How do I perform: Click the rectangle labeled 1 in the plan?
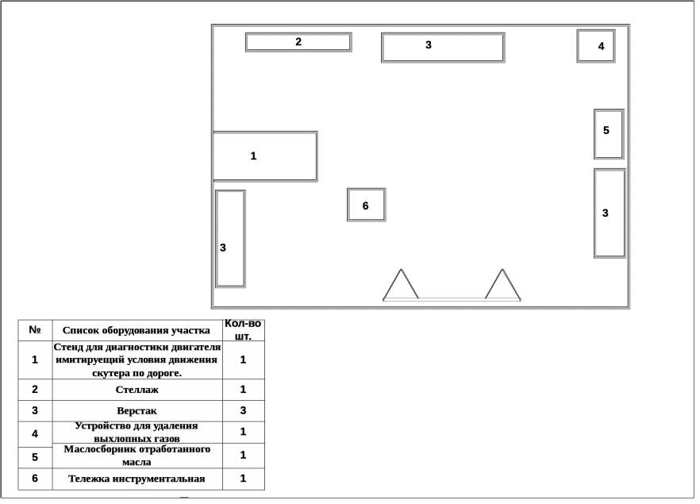click(265, 156)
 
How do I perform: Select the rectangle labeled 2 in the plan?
click(298, 42)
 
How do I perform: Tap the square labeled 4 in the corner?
click(596, 46)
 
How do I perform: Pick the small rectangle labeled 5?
click(609, 134)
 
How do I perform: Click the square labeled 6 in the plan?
click(367, 205)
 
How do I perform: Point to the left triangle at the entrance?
click(402, 287)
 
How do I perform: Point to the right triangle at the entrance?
click(502, 287)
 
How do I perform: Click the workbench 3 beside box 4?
click(443, 47)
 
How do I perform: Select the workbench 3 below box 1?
click(230, 239)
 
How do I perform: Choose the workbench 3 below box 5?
click(610, 213)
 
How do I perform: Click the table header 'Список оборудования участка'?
click(137, 330)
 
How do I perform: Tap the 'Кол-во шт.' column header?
click(243, 330)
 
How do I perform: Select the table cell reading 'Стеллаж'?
click(137, 390)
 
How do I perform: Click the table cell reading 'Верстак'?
click(137, 411)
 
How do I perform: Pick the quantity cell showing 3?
click(243, 411)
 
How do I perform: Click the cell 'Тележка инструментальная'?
click(137, 479)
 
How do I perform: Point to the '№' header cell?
click(35, 330)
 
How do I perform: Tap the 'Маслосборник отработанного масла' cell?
click(137, 456)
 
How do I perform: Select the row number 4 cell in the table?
click(35, 433)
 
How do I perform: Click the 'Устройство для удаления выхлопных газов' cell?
click(137, 432)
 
